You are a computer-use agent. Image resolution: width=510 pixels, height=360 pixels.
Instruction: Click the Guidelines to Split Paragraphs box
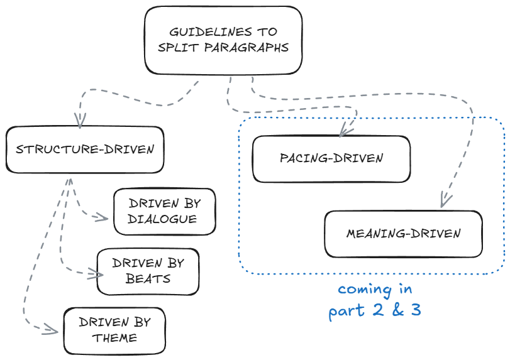click(x=223, y=40)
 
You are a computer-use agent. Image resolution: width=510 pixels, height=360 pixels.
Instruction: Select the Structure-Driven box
click(x=85, y=150)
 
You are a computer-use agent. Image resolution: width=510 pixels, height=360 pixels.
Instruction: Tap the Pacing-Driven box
click(x=331, y=158)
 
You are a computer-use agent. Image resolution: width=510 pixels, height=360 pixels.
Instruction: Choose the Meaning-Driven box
click(x=403, y=234)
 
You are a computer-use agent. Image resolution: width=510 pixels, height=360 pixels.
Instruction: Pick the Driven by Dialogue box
click(x=164, y=211)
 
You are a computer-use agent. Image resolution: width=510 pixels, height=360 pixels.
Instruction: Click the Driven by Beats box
click(x=148, y=271)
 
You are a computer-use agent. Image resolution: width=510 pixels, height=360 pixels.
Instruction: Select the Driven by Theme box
click(x=114, y=330)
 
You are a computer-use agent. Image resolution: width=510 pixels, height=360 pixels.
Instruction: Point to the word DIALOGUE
click(x=162, y=219)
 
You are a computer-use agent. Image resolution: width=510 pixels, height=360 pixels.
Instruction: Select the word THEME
click(x=115, y=338)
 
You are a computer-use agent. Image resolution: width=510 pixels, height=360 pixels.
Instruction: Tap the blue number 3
click(x=416, y=310)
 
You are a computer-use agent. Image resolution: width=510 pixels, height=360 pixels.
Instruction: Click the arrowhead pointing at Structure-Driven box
click(x=80, y=121)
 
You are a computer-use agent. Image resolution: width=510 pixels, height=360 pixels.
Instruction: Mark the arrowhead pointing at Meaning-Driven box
click(x=445, y=201)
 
